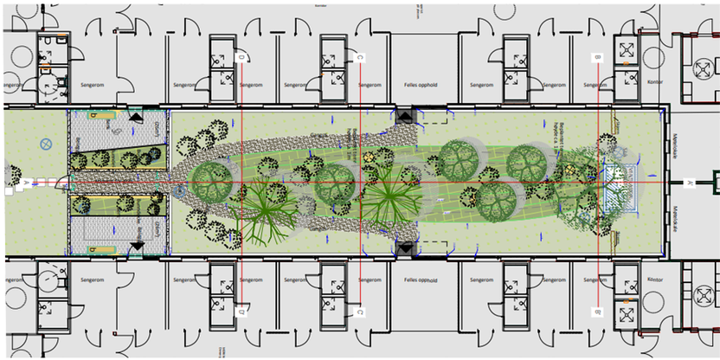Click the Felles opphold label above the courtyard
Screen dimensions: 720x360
[419, 85]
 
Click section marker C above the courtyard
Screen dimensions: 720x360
[359, 57]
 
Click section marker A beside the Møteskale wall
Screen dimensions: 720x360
[690, 183]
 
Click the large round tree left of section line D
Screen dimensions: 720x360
[210, 181]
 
